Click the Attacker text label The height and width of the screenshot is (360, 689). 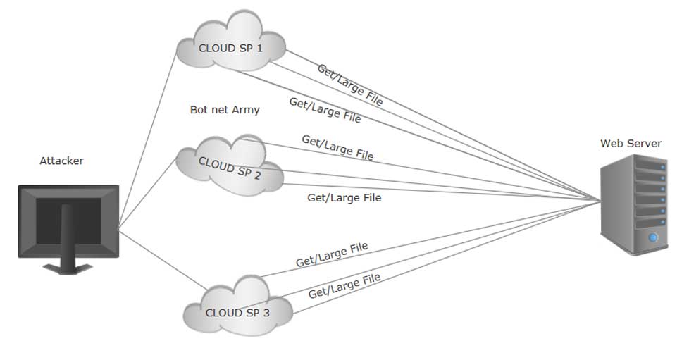pyautogui.click(x=61, y=161)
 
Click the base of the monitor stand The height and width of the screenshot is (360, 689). pyautogui.click(x=68, y=269)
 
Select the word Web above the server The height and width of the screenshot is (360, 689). pyautogui.click(x=612, y=144)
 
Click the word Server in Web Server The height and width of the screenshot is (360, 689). pyautogui.click(x=643, y=144)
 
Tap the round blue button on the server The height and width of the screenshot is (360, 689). pyautogui.click(x=653, y=238)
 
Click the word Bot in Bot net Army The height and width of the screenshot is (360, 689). pyautogui.click(x=199, y=110)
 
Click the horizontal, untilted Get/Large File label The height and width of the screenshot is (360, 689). pyautogui.click(x=344, y=198)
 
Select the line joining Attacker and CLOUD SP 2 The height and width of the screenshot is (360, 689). pyautogui.click(x=145, y=193)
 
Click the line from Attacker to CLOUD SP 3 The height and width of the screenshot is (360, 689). pyautogui.click(x=162, y=261)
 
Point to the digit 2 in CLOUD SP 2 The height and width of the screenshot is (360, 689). pyautogui.click(x=257, y=177)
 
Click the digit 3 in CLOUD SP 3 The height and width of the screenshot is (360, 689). pyautogui.click(x=266, y=314)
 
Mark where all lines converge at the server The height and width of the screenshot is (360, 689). pyautogui.click(x=600, y=201)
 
